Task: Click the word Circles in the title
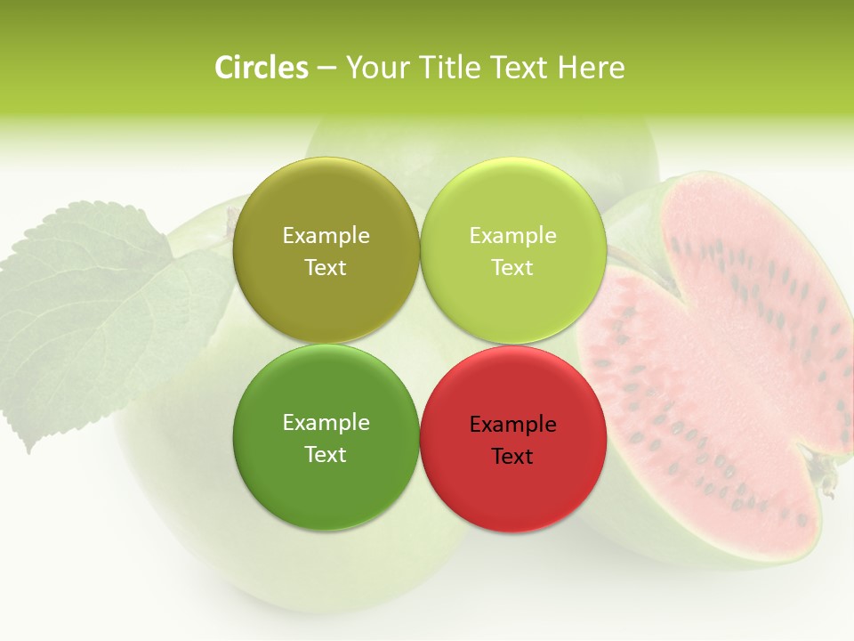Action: [262, 68]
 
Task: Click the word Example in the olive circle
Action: [326, 236]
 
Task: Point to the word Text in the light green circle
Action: [512, 268]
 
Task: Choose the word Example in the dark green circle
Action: [326, 423]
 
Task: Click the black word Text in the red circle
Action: [512, 457]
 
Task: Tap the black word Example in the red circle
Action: [512, 425]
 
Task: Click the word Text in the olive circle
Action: [326, 268]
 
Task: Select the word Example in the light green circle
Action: [512, 236]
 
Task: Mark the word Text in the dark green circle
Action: [326, 455]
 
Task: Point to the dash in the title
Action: [326, 69]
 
